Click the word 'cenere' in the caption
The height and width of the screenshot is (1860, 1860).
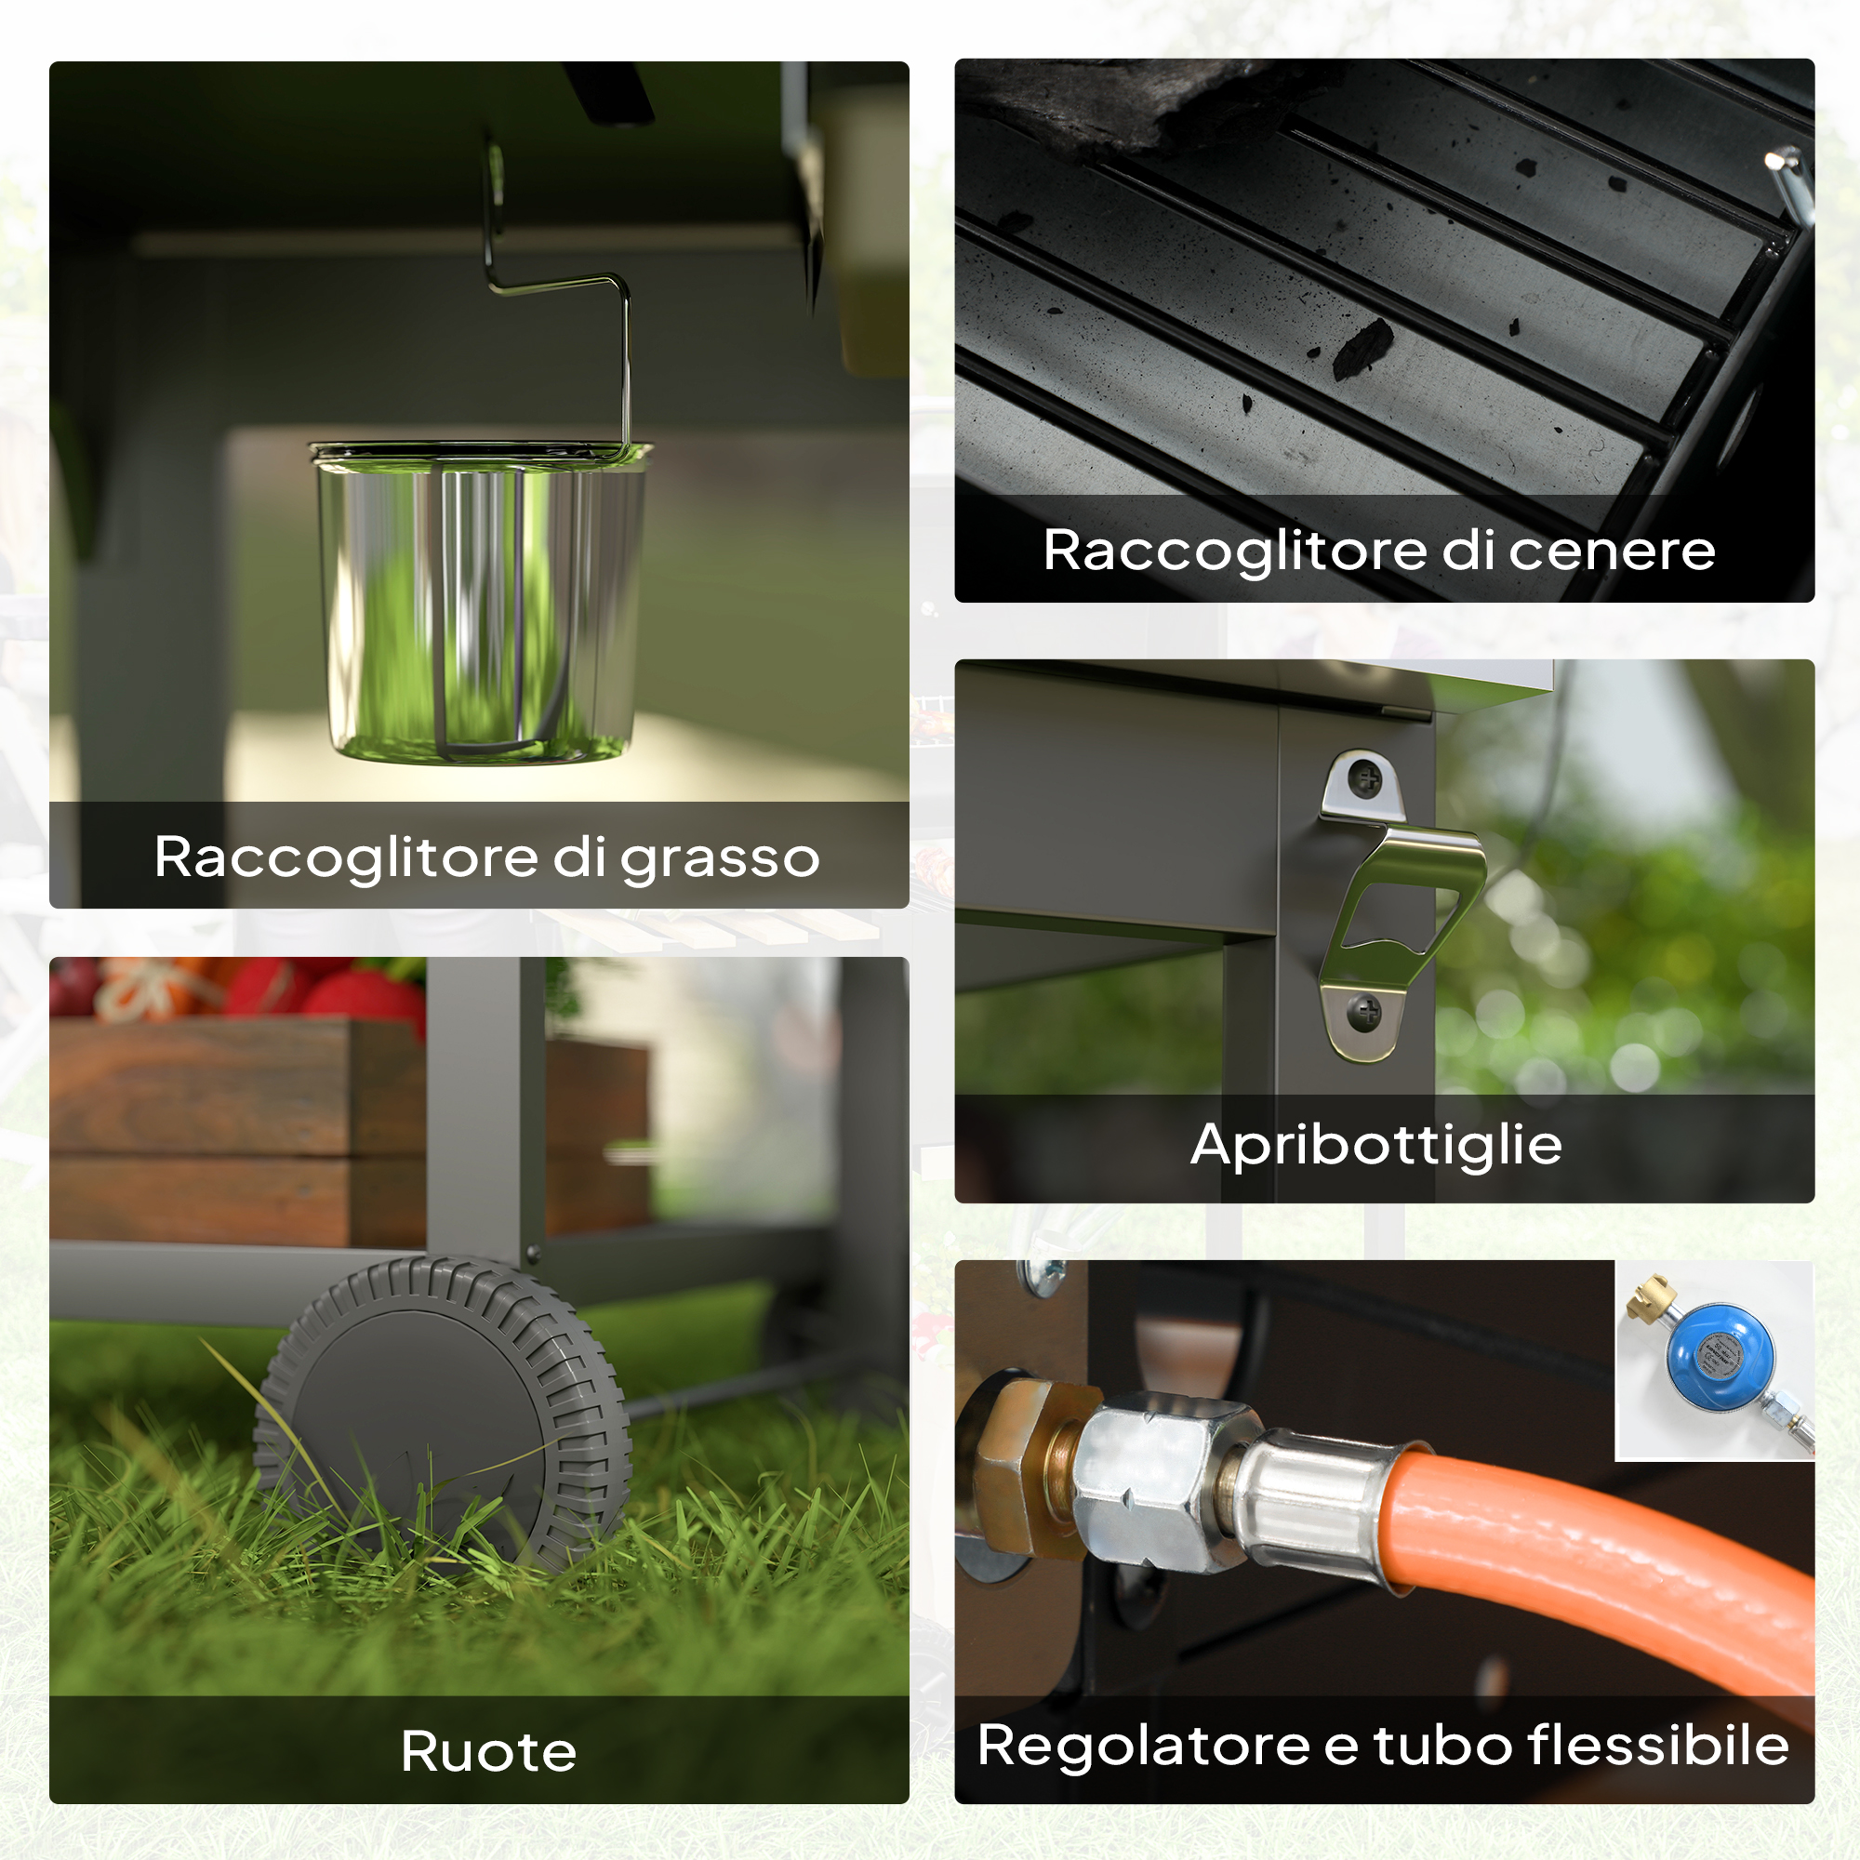(1612, 551)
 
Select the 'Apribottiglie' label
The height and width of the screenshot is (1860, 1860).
(1375, 1146)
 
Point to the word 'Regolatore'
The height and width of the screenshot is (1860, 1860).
(1143, 1747)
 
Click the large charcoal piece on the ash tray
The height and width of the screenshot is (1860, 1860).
(1362, 347)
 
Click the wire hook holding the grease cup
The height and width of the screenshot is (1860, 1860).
(556, 289)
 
